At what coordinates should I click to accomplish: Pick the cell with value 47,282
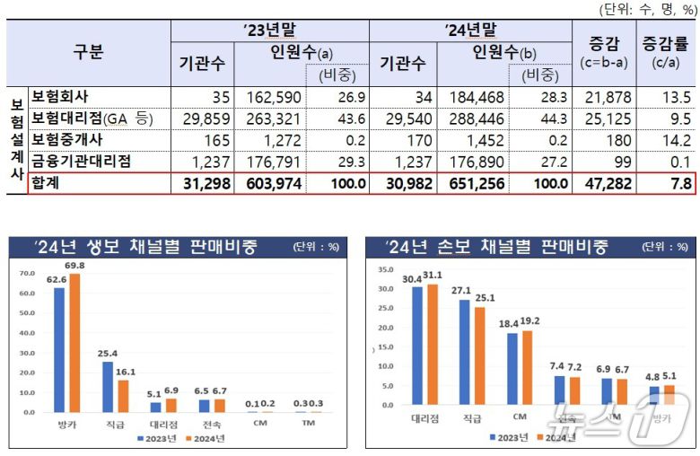click(605, 182)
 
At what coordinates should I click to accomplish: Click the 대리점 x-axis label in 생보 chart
click(155, 424)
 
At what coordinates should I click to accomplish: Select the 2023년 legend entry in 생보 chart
click(156, 439)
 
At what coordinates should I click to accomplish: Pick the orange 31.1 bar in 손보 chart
click(433, 345)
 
